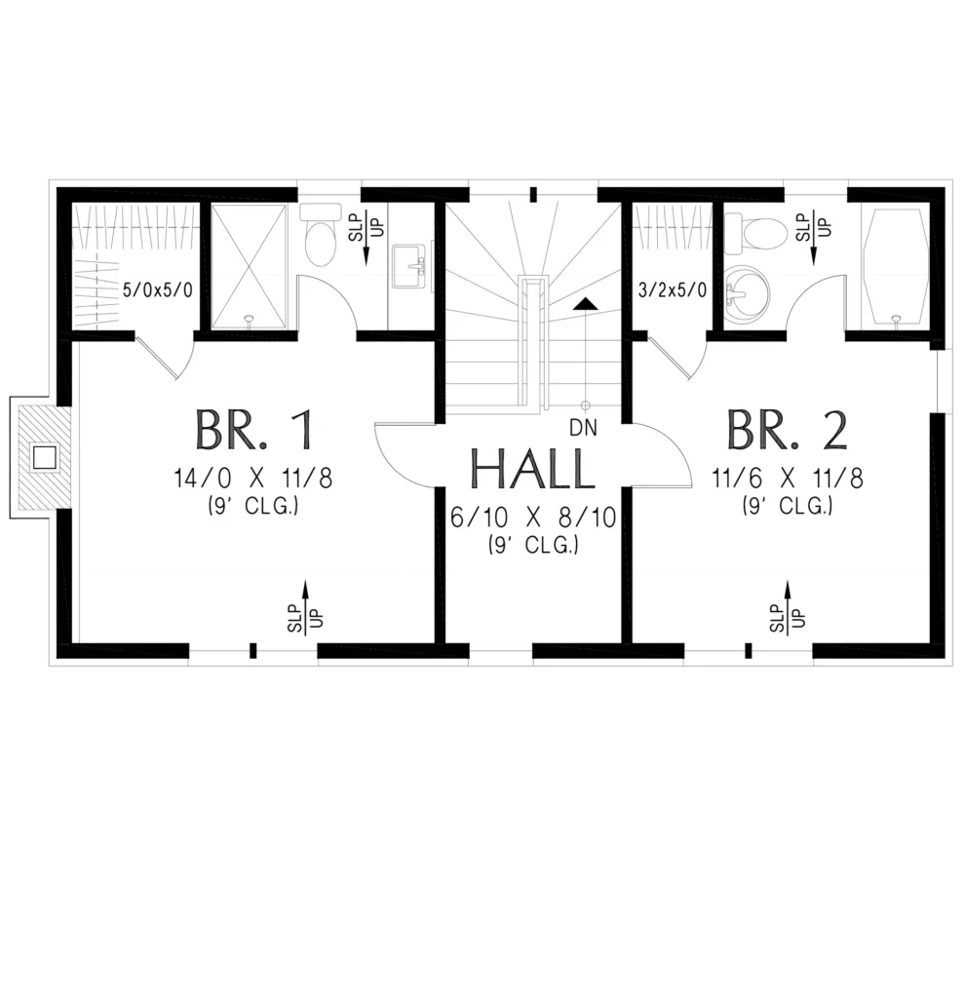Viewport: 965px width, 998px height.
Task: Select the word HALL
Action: point(532,469)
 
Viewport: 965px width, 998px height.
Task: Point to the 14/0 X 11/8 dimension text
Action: point(253,478)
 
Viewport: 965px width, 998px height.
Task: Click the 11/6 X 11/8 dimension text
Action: point(788,478)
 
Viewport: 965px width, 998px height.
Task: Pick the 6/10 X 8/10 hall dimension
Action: point(533,518)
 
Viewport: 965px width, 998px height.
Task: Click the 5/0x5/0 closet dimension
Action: point(157,290)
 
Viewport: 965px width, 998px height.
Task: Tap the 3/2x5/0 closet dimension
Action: point(673,290)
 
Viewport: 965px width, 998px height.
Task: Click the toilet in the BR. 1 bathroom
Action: point(320,234)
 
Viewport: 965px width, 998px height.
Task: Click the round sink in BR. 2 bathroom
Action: point(747,294)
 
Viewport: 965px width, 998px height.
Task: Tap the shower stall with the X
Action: point(249,267)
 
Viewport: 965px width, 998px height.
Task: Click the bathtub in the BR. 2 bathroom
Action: point(895,268)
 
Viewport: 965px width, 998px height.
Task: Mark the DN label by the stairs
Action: point(584,429)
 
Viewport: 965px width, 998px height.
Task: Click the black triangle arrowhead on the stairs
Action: point(584,304)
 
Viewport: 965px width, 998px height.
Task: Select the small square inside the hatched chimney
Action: point(45,458)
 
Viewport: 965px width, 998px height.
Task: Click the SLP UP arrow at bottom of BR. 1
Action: point(305,607)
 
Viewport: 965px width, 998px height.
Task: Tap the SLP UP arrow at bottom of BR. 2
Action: point(788,607)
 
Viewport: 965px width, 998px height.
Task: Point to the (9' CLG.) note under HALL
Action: point(533,546)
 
